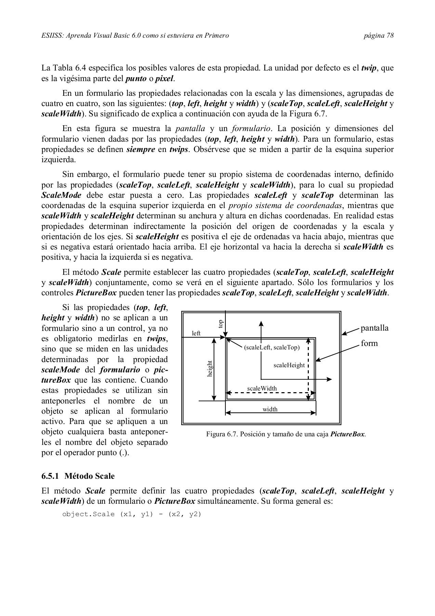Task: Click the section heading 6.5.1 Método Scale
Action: point(78,476)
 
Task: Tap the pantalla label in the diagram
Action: point(374,328)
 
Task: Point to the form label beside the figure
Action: point(369,343)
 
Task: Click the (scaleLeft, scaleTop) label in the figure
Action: point(272,348)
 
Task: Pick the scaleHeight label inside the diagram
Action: point(289,365)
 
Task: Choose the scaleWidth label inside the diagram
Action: point(262,388)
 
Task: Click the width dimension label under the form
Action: point(270,409)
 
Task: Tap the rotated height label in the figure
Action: point(210,369)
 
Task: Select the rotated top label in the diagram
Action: point(221,324)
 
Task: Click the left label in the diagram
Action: point(196,333)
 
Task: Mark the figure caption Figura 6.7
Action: point(286,434)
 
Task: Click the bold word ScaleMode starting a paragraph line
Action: point(62,195)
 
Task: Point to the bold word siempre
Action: point(141,150)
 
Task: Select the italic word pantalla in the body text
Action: point(190,129)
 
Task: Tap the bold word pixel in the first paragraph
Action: point(164,78)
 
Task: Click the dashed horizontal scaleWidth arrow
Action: point(267,393)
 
